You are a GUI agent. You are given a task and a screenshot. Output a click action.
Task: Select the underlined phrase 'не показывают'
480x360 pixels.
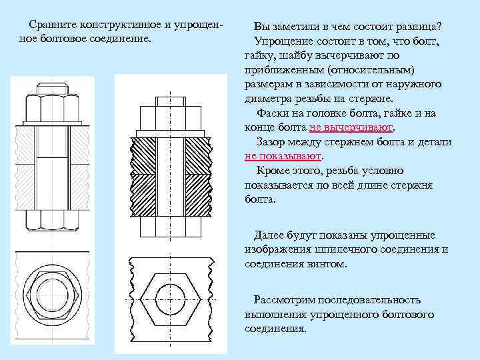pos(283,156)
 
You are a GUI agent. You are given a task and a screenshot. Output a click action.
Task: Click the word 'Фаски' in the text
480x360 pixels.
pos(273,113)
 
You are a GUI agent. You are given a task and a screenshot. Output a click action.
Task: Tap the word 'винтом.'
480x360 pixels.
pos(326,263)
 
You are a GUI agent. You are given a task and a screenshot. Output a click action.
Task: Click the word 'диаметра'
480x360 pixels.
pos(267,99)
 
